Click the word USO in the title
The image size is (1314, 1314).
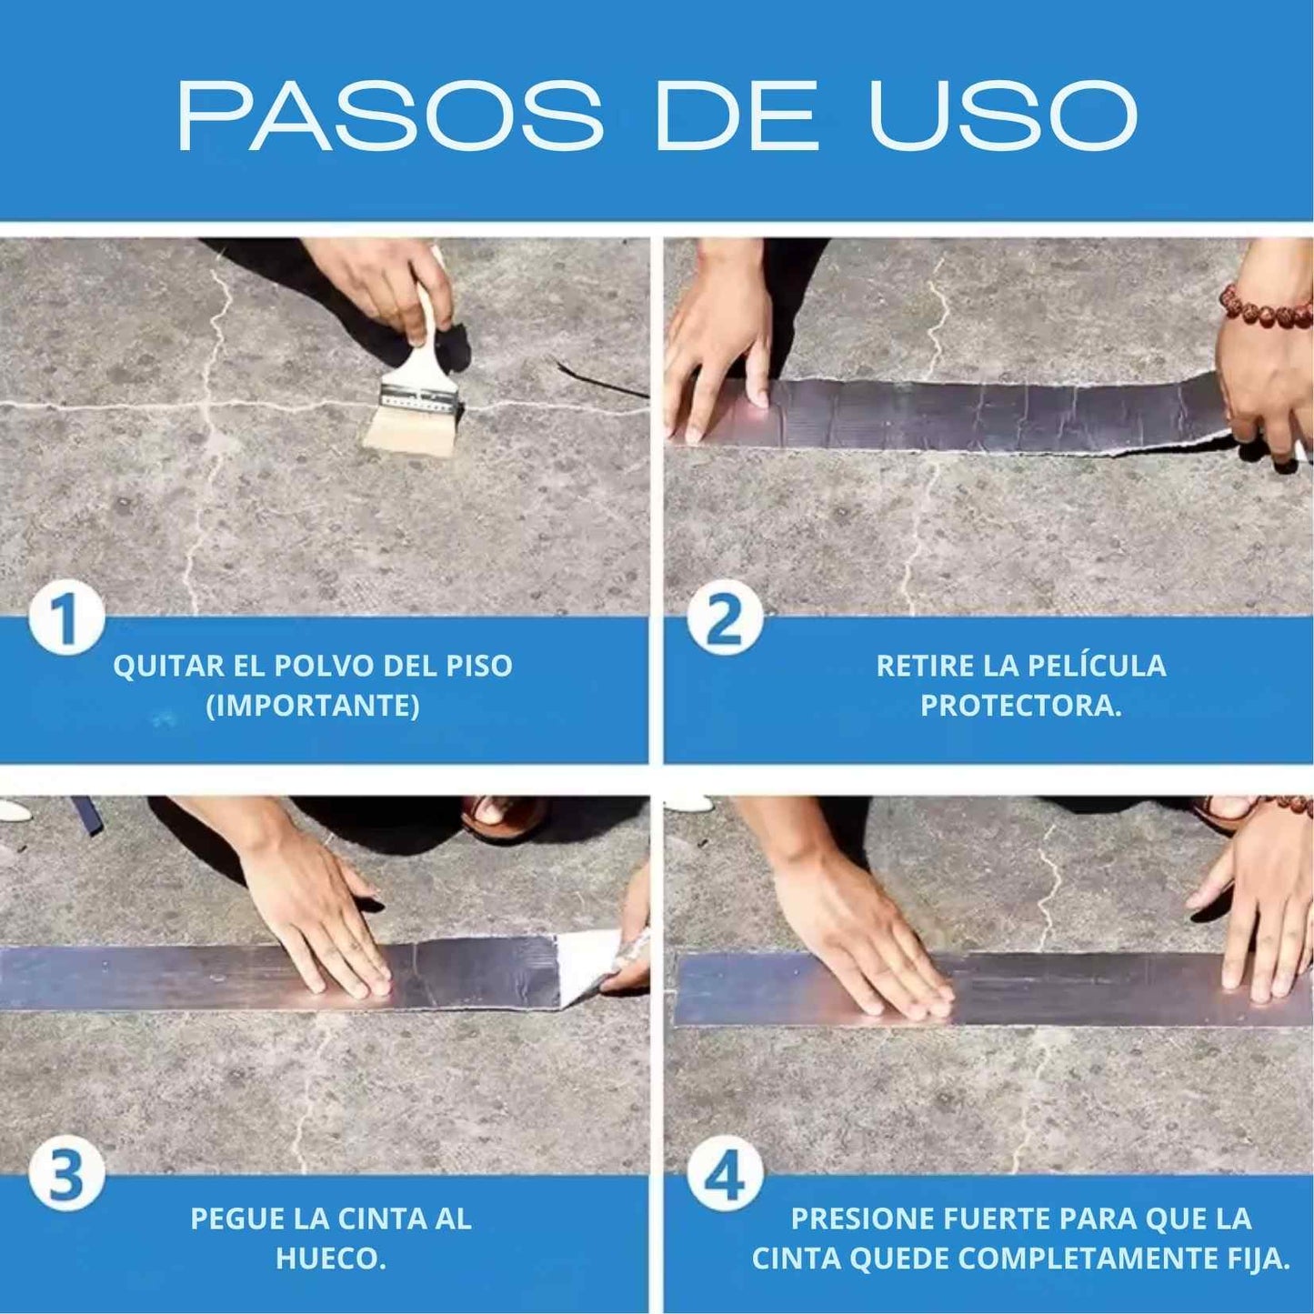tap(1003, 115)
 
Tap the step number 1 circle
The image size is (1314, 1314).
tap(65, 621)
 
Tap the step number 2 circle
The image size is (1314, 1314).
tap(724, 621)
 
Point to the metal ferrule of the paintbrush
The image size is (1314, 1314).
tap(419, 397)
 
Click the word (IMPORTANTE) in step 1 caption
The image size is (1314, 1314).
tap(313, 706)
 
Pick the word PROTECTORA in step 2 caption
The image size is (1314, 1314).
tap(1018, 706)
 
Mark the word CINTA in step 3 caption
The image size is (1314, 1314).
tap(376, 1219)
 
